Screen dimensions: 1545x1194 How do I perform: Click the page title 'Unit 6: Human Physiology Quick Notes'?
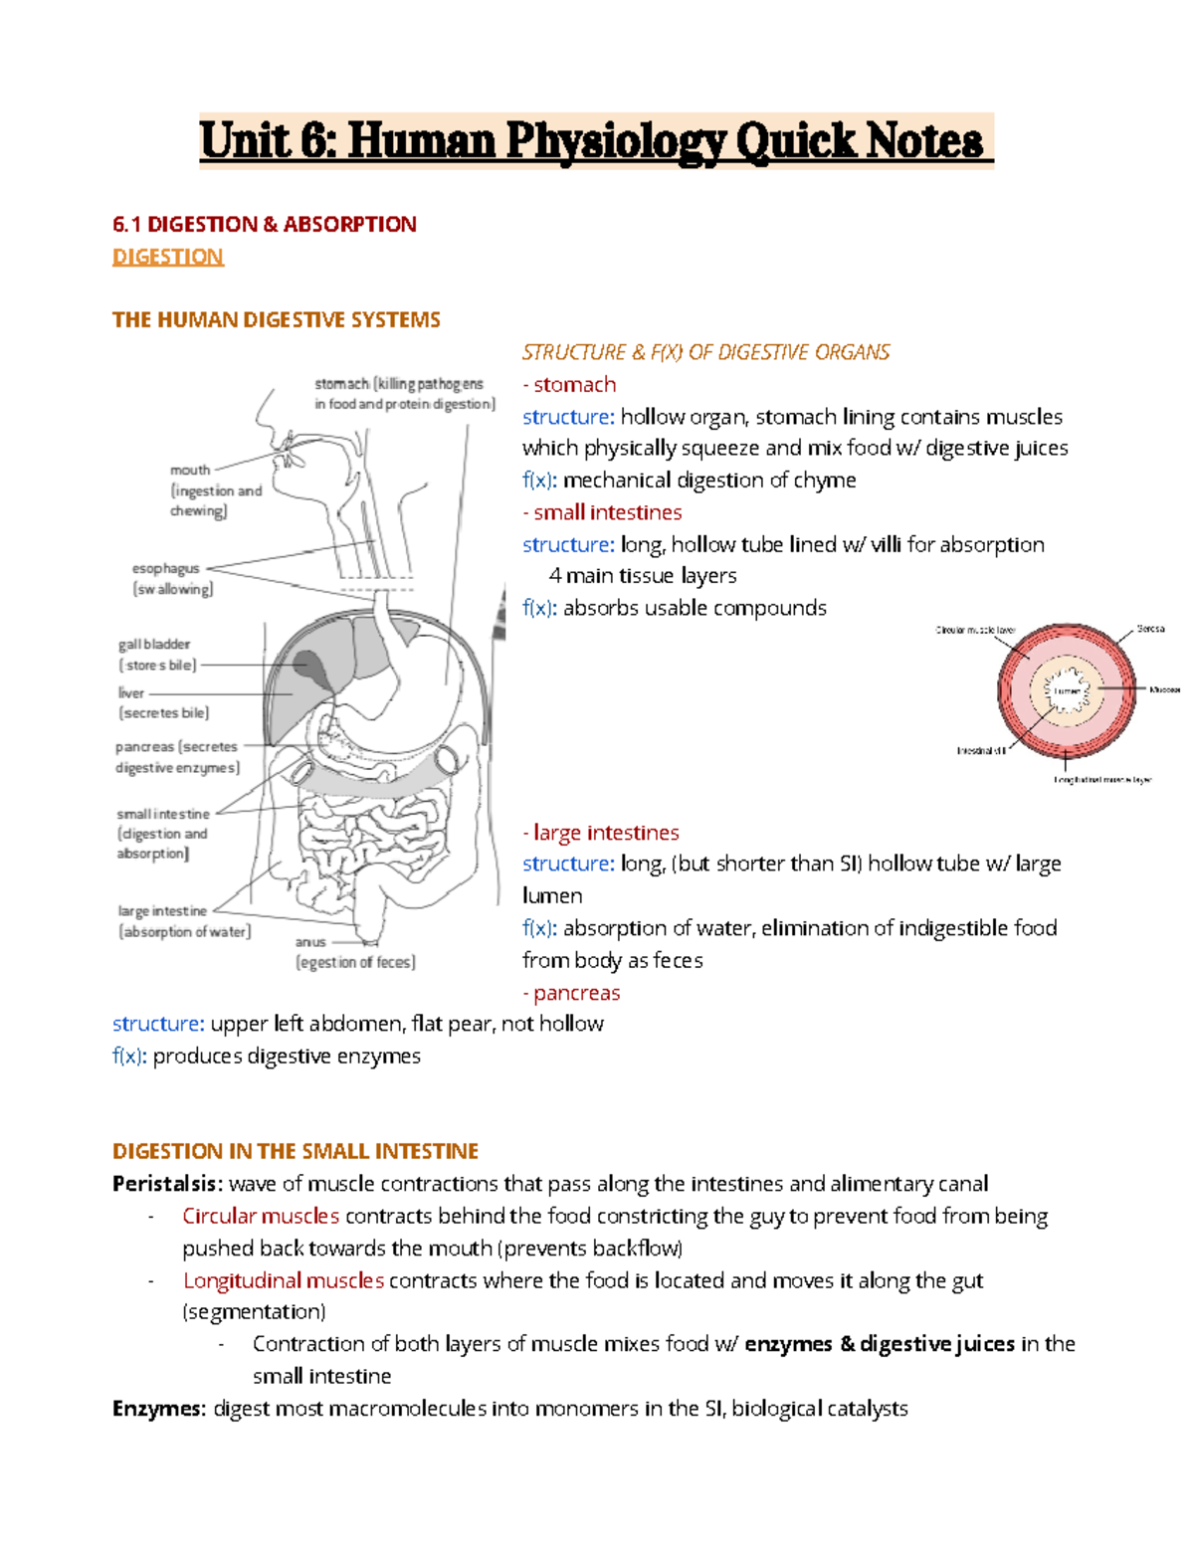point(595,140)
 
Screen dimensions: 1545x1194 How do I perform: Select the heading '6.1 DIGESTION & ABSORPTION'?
point(264,224)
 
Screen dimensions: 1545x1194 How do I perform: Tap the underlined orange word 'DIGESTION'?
point(167,257)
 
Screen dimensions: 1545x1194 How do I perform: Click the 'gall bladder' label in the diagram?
point(154,645)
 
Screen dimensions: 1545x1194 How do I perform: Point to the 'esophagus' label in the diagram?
point(165,568)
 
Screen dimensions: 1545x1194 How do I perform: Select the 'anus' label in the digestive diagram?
point(310,941)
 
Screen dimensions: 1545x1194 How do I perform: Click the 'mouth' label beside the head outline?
point(190,470)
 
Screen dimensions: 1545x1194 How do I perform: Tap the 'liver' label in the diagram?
point(131,692)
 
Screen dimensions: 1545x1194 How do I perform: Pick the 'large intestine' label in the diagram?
point(162,910)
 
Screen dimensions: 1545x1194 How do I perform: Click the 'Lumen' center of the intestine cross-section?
point(1067,689)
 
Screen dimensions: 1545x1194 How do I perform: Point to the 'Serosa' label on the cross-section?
point(1150,629)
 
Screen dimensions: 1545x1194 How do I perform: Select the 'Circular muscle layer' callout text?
point(975,630)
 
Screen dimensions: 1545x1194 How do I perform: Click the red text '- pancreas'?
point(571,993)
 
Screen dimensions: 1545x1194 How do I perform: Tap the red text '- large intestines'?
point(601,833)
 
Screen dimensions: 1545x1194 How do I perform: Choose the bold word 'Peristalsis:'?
point(167,1184)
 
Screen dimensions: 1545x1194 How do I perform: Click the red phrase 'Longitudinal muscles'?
point(284,1280)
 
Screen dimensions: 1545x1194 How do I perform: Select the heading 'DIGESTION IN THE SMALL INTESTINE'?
point(296,1151)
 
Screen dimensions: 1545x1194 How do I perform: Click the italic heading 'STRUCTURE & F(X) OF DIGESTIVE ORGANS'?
point(705,352)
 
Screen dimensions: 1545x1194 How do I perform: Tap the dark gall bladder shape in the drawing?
point(309,666)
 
